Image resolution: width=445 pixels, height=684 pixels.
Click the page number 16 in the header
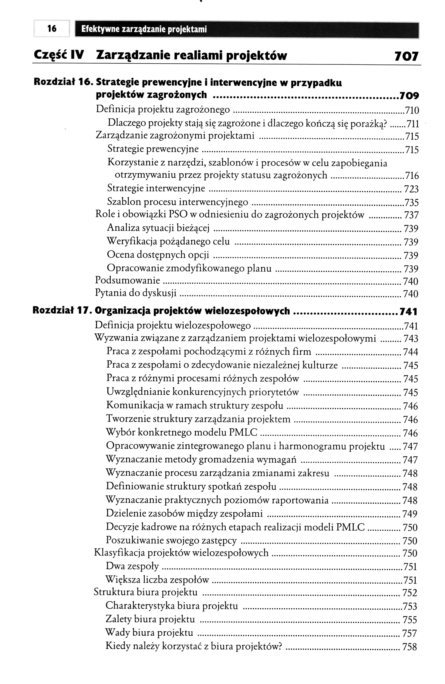[52, 28]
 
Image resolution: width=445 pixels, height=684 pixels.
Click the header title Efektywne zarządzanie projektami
[144, 29]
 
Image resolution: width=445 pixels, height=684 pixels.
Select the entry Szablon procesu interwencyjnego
[177, 202]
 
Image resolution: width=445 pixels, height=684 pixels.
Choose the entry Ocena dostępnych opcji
[158, 255]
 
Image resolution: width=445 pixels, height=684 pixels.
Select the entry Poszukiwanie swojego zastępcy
[171, 540]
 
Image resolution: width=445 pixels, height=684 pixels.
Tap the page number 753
[410, 606]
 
